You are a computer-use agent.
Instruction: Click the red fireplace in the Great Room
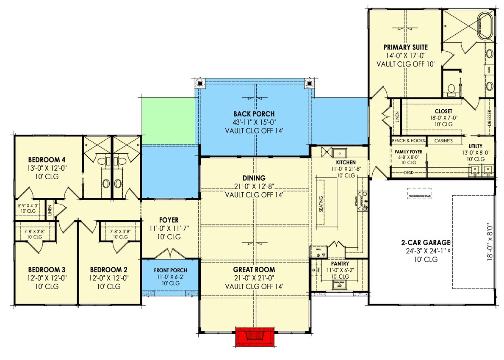pyautogui.click(x=255, y=337)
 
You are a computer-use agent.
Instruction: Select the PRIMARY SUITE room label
pyautogui.click(x=405, y=47)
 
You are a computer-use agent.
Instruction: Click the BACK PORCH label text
pyautogui.click(x=254, y=114)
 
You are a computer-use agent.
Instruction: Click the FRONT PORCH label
pyautogui.click(x=170, y=270)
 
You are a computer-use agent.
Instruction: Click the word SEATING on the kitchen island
pyautogui.click(x=321, y=205)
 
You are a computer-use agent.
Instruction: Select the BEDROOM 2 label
pyautogui.click(x=109, y=269)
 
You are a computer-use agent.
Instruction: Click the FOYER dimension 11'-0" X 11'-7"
pyautogui.click(x=169, y=229)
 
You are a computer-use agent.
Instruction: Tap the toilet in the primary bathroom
pyautogui.click(x=451, y=89)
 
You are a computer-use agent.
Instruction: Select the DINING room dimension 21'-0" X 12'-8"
pyautogui.click(x=254, y=186)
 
